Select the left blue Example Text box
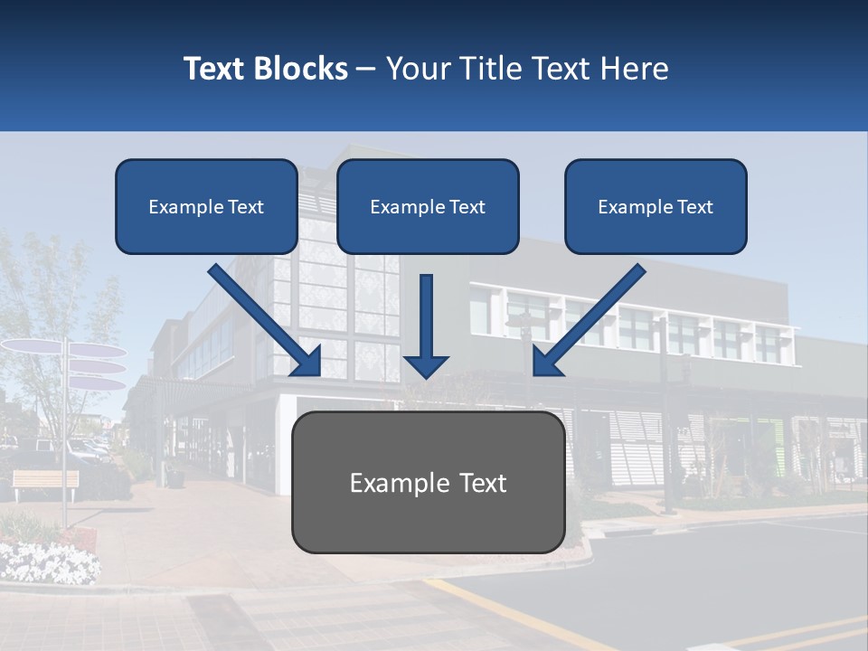(206, 206)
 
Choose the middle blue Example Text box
(428, 206)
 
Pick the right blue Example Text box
(656, 206)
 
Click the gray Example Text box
(428, 482)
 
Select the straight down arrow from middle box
(426, 325)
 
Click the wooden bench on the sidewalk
(45, 480)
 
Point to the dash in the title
(366, 69)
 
